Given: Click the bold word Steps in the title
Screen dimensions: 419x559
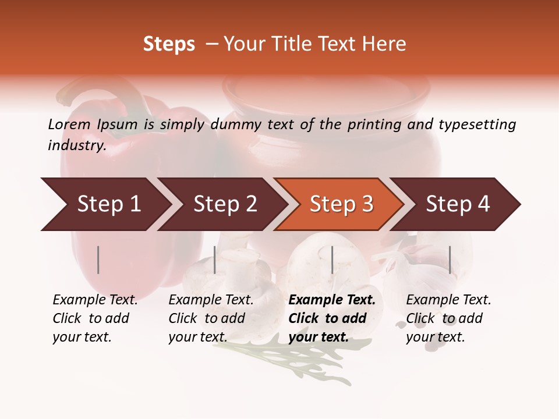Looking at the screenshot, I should click(x=169, y=44).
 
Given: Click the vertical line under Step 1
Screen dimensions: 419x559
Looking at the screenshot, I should click(x=98, y=260).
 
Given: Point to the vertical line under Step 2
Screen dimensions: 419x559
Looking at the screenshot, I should click(x=215, y=260).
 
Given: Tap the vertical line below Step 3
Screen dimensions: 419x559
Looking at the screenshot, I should click(x=332, y=260).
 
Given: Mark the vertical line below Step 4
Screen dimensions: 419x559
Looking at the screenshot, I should click(x=450, y=260).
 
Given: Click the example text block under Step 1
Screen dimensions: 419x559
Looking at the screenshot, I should click(x=95, y=318).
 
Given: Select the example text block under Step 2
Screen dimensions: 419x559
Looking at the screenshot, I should click(x=211, y=318).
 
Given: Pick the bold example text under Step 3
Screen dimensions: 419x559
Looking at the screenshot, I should click(x=332, y=318).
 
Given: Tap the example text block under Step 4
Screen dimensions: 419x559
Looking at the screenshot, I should click(x=448, y=318).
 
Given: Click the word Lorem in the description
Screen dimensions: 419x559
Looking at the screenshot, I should click(x=69, y=124).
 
